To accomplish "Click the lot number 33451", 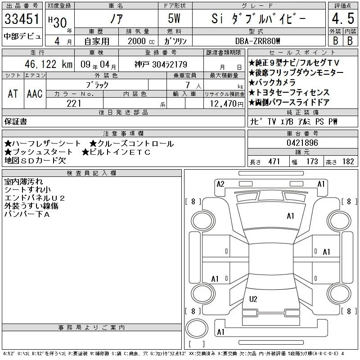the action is click(22, 19).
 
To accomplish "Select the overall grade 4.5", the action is click(343, 18).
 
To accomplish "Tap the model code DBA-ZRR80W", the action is click(258, 41).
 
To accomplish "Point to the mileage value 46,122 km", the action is click(49, 64).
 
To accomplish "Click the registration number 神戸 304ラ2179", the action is click(161, 64).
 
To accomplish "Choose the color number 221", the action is click(74, 103).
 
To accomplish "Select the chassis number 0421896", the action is click(302, 143).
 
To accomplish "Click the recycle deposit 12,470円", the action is click(227, 104).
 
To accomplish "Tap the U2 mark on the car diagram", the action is click(253, 299).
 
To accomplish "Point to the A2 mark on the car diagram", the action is click(220, 184).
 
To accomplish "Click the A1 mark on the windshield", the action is click(290, 216).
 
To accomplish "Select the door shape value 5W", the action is click(174, 18).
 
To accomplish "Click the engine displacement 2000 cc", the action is click(141, 41).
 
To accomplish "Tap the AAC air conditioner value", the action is click(35, 94).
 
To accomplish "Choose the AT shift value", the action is click(13, 94).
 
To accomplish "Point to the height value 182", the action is click(348, 162).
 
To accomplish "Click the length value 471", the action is click(274, 162).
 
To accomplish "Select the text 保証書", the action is click(16, 121).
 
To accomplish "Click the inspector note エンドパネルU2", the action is click(35, 198).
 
